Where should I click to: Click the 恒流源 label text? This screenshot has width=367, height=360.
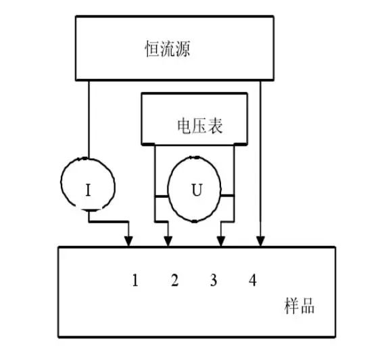click(168, 49)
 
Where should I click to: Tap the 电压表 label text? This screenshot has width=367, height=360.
click(199, 126)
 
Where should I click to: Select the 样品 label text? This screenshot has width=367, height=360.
click(299, 306)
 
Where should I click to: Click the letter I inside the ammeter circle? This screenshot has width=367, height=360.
click(88, 190)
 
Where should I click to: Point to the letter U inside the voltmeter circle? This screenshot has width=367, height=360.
click(197, 190)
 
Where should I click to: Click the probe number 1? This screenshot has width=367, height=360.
click(134, 280)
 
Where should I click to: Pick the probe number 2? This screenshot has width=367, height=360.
click(174, 280)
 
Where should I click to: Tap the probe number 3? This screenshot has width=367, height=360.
click(214, 280)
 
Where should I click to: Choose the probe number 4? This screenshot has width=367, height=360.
click(253, 280)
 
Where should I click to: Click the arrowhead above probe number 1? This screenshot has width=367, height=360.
click(128, 241)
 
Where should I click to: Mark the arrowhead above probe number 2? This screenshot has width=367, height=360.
click(168, 241)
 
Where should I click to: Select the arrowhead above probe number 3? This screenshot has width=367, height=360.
click(221, 241)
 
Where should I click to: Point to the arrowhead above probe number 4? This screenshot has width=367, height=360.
click(260, 241)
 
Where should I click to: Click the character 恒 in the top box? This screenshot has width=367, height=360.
click(152, 49)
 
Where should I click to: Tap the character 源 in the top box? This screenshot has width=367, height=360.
click(182, 49)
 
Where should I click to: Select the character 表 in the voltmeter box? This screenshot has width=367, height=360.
click(215, 126)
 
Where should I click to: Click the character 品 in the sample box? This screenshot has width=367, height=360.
click(308, 306)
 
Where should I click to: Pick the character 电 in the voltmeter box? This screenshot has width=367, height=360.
click(185, 126)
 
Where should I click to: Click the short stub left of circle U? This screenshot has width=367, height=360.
click(162, 196)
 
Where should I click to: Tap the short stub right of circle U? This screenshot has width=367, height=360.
click(227, 196)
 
